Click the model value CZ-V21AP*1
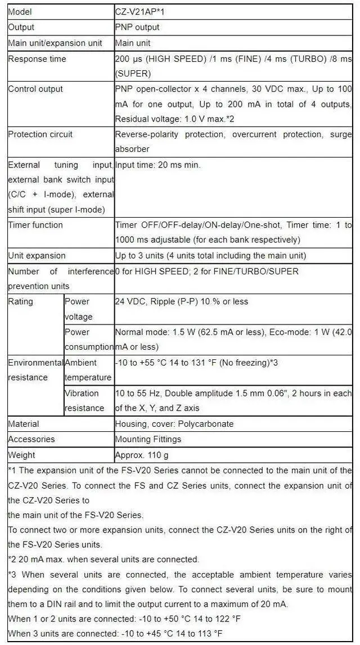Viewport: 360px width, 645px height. pos(140,12)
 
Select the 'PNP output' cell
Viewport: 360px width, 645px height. pos(137,27)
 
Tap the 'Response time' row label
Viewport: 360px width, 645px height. pos(37,59)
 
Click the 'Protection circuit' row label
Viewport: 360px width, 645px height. pos(40,134)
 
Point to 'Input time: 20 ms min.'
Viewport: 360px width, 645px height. pos(158,165)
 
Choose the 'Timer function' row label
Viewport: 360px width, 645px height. pos(35,225)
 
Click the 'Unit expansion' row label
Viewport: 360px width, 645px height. pos(37,255)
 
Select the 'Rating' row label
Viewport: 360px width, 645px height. pos(20,301)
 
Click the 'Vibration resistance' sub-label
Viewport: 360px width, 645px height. pos(84,400)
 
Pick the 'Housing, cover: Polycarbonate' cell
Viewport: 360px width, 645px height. pos(174,424)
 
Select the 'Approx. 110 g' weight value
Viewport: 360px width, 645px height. pos(142,454)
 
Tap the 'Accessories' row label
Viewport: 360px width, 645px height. pos(31,439)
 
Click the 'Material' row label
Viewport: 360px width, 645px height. pos(24,424)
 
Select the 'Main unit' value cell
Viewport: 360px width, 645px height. pos(133,43)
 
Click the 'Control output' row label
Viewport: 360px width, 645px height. pos(35,89)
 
